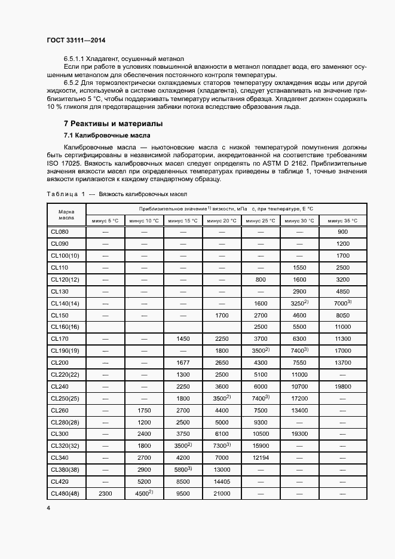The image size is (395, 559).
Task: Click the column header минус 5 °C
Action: coord(105,221)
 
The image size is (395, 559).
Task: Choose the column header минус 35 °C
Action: coord(342,221)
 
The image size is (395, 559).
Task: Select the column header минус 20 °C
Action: coord(222,221)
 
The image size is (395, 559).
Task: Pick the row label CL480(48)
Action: coord(65,493)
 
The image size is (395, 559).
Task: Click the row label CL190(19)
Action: coord(65,351)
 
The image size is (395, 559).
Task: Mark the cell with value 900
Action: coord(342,232)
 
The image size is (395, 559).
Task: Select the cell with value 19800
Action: coord(342,387)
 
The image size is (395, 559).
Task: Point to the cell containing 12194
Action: coord(261,457)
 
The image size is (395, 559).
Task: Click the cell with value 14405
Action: coord(222,481)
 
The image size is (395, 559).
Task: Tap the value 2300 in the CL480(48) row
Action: coord(105,493)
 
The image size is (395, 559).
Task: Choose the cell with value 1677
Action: coord(183,363)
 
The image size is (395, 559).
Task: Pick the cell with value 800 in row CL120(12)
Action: coord(261,279)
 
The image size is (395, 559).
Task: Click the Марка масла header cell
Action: coord(66,215)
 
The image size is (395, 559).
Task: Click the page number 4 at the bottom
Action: coord(48,507)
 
